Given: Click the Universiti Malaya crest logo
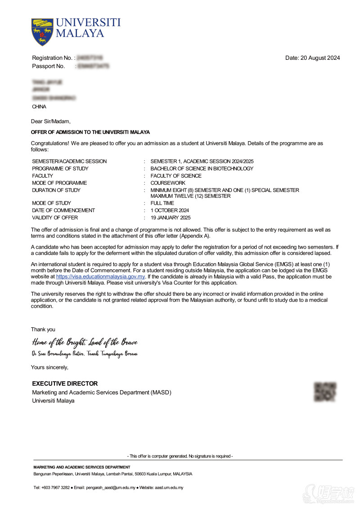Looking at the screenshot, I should pos(42,31).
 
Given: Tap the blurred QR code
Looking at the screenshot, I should pos(325,392).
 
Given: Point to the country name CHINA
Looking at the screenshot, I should pos(39,107).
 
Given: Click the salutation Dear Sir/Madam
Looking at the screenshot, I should pos(50,121).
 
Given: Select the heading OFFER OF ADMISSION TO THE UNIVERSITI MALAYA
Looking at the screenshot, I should pos(90,132).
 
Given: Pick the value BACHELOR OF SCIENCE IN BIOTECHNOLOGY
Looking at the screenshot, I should pos(202,169).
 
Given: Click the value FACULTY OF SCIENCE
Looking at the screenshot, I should pos(176,176).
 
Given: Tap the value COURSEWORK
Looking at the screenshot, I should pos(168,183).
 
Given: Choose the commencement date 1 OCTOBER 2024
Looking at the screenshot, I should pos(170,210).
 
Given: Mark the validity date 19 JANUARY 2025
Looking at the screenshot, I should pos(171,218).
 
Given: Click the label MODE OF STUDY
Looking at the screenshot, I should pos(51,203).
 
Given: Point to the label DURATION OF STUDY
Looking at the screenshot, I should pos(57,190).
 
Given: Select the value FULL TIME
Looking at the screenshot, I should pos(162,203).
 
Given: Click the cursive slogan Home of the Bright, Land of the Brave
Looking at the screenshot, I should pos(84,342).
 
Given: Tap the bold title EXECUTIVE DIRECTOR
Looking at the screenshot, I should pos(65,384).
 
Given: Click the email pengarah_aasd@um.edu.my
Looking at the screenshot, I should pos(110,487).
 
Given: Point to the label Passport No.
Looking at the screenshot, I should pos(49,66).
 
